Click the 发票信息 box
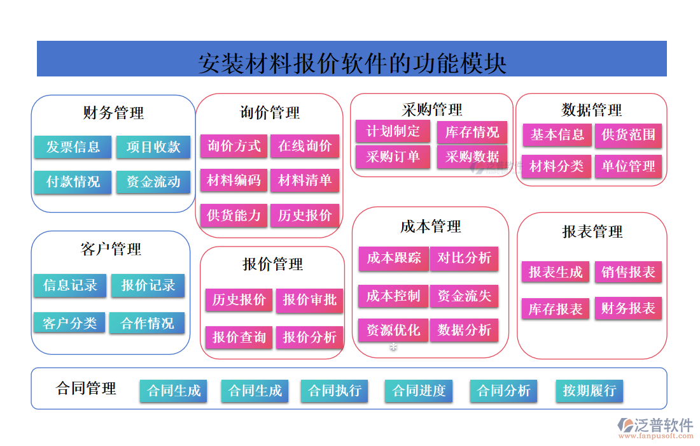73,147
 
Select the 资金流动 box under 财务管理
153,182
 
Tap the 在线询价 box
305,147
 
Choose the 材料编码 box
234,181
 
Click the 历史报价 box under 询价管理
305,215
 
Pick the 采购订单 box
393,157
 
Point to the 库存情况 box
472,133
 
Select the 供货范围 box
628,135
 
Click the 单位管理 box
628,167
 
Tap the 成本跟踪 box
393,258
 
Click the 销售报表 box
628,273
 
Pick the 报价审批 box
310,300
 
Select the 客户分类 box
69,323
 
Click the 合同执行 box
335,391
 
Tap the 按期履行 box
589,391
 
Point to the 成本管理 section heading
431,227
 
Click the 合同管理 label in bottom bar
87,388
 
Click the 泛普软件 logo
655,426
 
